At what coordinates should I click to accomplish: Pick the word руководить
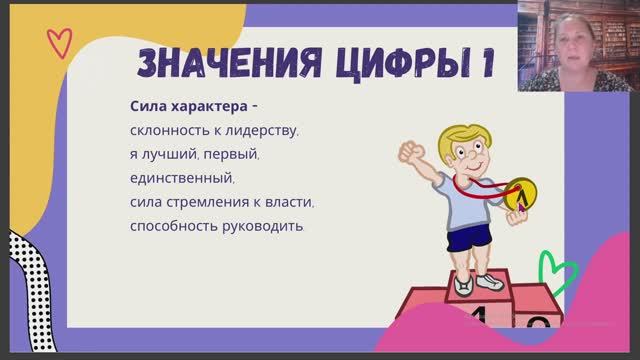point(265,226)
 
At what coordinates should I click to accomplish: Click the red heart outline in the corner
point(61,43)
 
